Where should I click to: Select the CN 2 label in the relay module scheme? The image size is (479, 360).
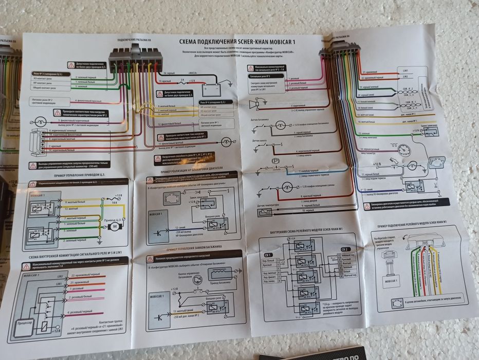point(344,249)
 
